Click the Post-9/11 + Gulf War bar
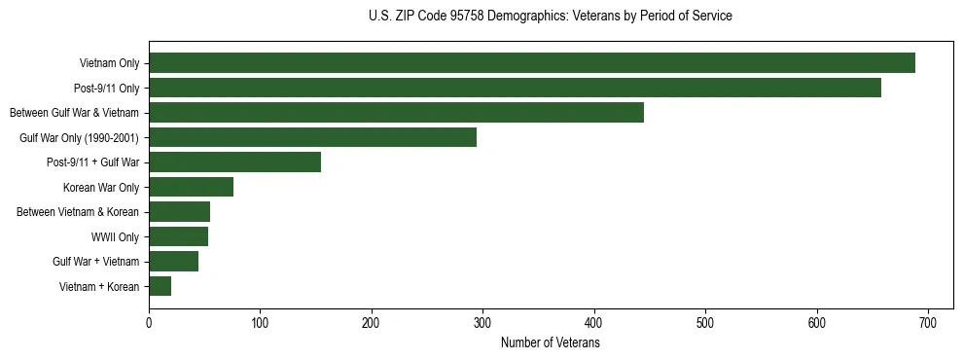pyautogui.click(x=234, y=162)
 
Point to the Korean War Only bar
pyautogui.click(x=191, y=187)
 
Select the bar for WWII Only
pyautogui.click(x=178, y=236)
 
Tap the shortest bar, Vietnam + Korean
pyautogui.click(x=160, y=286)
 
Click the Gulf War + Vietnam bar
pyautogui.click(x=173, y=261)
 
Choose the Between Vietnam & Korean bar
pyautogui.click(x=179, y=212)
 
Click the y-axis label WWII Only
pyautogui.click(x=115, y=236)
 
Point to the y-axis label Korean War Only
pyautogui.click(x=101, y=187)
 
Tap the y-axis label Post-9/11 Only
pyautogui.click(x=107, y=88)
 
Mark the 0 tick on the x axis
pyautogui.click(x=149, y=322)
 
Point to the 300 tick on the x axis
pyautogui.click(x=482, y=322)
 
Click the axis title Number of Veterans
pyautogui.click(x=550, y=342)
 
